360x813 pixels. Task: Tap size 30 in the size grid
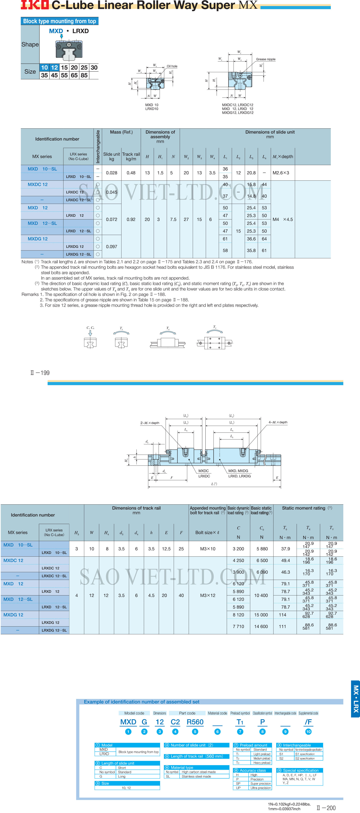(x=94, y=68)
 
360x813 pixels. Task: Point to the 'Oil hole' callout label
(x=172, y=66)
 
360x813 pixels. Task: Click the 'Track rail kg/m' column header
(x=131, y=157)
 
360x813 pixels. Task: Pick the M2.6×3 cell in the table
(x=281, y=173)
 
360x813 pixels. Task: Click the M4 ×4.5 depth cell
(x=283, y=219)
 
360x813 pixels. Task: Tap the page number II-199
(x=40, y=373)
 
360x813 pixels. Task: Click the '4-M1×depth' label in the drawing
(x=278, y=422)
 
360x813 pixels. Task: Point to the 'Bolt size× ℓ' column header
(x=207, y=532)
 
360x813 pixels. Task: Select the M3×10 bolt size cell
(x=208, y=549)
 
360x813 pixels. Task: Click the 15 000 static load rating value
(x=261, y=615)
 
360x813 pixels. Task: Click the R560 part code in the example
(x=195, y=722)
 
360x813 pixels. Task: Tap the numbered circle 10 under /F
(x=308, y=732)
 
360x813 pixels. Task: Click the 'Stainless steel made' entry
(x=196, y=776)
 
